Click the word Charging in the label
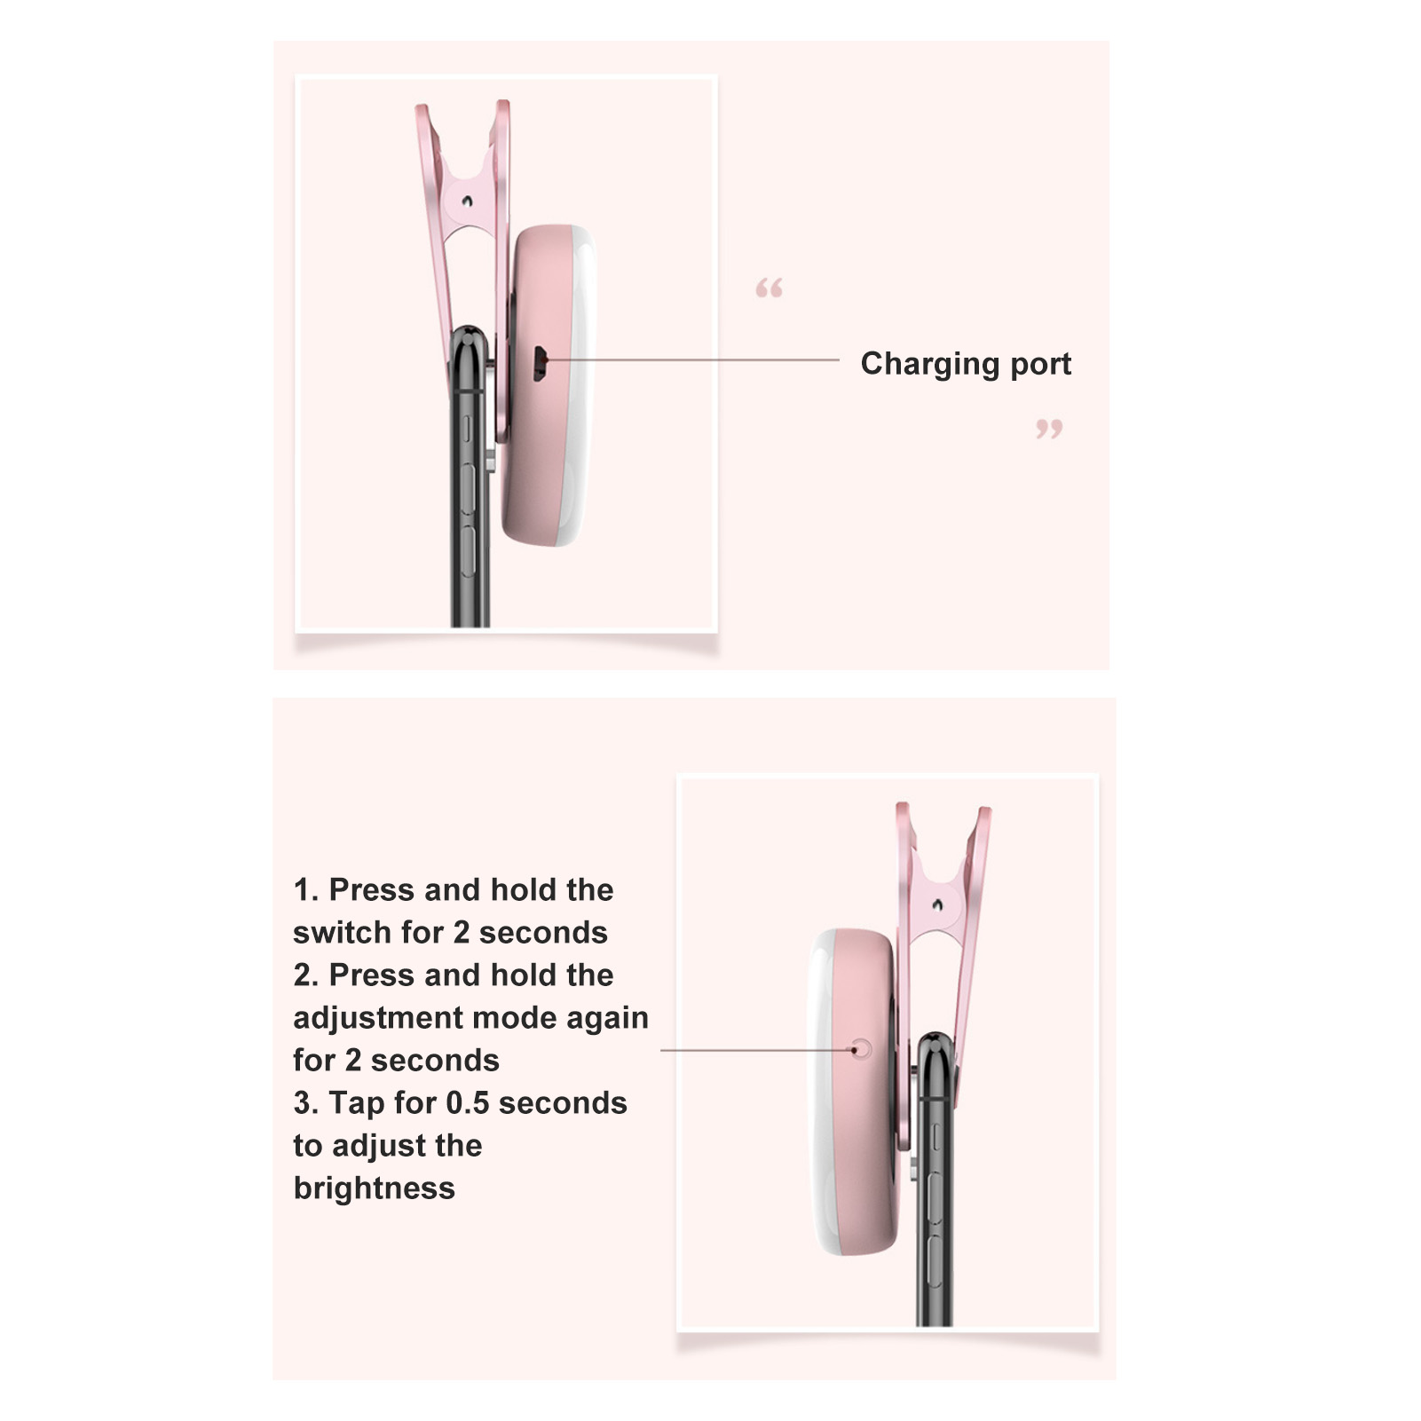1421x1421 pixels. point(930,365)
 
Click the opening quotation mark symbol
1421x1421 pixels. point(769,288)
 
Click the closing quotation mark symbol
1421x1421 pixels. point(1049,430)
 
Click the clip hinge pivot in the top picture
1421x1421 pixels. point(467,201)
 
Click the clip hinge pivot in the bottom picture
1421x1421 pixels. point(938,904)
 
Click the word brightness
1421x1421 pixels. point(375,1188)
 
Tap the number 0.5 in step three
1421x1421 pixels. point(467,1103)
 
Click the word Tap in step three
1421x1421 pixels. point(357,1103)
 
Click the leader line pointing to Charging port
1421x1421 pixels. point(692,360)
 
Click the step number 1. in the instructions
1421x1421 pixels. point(305,889)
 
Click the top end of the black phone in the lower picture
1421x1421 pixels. point(936,1037)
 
